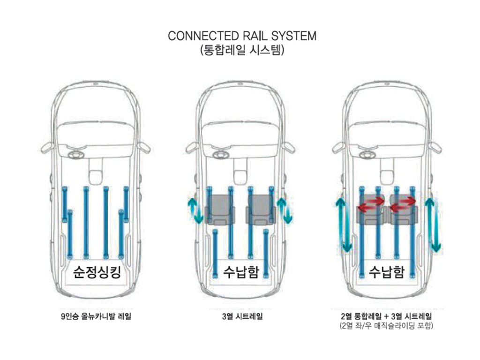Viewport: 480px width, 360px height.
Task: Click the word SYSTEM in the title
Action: (x=294, y=36)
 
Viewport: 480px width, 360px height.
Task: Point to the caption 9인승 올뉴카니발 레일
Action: (x=96, y=316)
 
